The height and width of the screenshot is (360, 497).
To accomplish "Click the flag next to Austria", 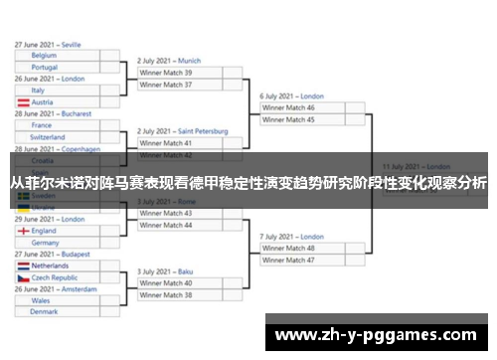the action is (23, 102).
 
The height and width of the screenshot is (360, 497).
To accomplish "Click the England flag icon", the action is (23, 231).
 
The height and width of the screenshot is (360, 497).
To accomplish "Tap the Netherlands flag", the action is (23, 267).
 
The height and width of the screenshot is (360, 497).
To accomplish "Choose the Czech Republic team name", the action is (62, 278).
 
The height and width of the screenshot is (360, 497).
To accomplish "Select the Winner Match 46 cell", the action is (302, 107).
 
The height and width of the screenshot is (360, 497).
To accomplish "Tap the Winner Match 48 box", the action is (302, 248).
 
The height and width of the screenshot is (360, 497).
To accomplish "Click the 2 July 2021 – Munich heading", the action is (169, 61).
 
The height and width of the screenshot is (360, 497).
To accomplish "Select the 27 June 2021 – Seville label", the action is (49, 45).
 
